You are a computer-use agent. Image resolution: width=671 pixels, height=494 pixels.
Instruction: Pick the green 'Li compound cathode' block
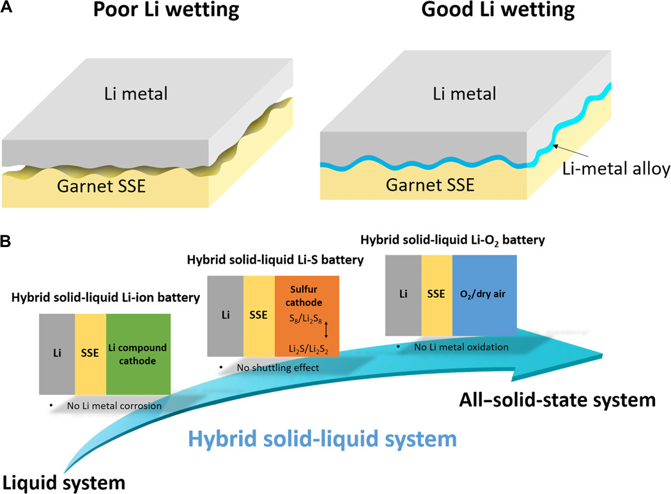(138, 354)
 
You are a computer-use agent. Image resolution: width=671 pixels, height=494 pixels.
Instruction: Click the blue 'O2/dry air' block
(484, 294)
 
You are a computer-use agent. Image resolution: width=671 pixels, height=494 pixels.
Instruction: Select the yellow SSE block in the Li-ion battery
(90, 354)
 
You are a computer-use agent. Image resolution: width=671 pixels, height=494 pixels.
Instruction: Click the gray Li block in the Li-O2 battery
(403, 294)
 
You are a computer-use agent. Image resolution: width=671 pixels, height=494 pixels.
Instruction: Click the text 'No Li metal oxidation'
(455, 347)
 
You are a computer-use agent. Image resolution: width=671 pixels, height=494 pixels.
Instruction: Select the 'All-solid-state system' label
(557, 400)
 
